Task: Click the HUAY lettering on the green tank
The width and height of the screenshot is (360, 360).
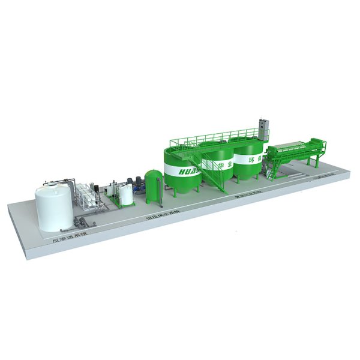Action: (x=181, y=170)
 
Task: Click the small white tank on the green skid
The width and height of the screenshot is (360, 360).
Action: (x=126, y=194)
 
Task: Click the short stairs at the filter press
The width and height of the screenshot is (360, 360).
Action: (x=272, y=172)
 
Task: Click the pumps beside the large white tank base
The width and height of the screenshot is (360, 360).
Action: (x=79, y=222)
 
